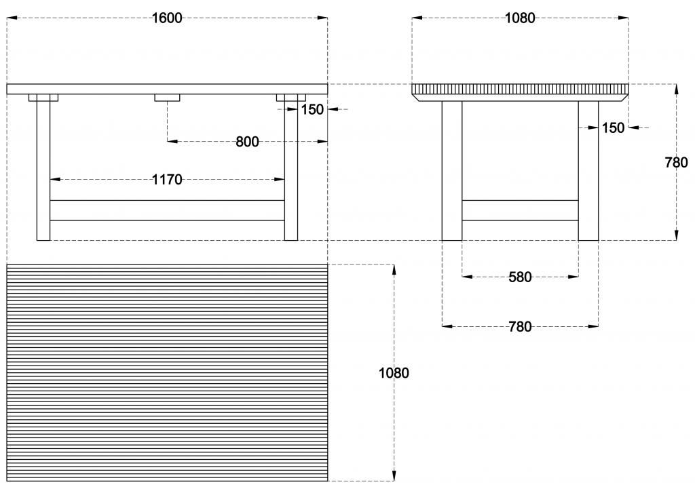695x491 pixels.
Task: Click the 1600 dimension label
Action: coord(167,18)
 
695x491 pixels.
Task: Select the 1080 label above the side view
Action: coord(520,18)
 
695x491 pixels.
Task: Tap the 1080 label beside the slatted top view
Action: coord(394,373)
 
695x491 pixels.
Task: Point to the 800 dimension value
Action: coord(247,142)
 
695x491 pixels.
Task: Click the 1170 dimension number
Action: coord(167,180)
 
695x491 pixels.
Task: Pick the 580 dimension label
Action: coord(520,277)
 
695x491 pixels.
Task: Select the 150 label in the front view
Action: coord(312,109)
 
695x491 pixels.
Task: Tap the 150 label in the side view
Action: coord(613,128)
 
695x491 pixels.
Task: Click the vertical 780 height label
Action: coord(677,163)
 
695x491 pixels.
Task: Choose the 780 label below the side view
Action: coord(520,327)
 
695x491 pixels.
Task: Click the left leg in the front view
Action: coord(43,168)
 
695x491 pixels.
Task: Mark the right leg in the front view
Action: coord(291,168)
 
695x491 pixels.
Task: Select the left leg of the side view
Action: coord(452,171)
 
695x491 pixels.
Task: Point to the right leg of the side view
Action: coord(588,171)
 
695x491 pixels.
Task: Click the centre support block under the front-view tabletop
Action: coord(167,98)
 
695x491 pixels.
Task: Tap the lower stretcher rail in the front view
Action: coord(167,210)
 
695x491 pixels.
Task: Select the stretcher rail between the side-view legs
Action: coord(520,210)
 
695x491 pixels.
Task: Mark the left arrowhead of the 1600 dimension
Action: coord(12,18)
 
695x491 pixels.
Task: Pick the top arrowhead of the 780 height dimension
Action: coord(676,89)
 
